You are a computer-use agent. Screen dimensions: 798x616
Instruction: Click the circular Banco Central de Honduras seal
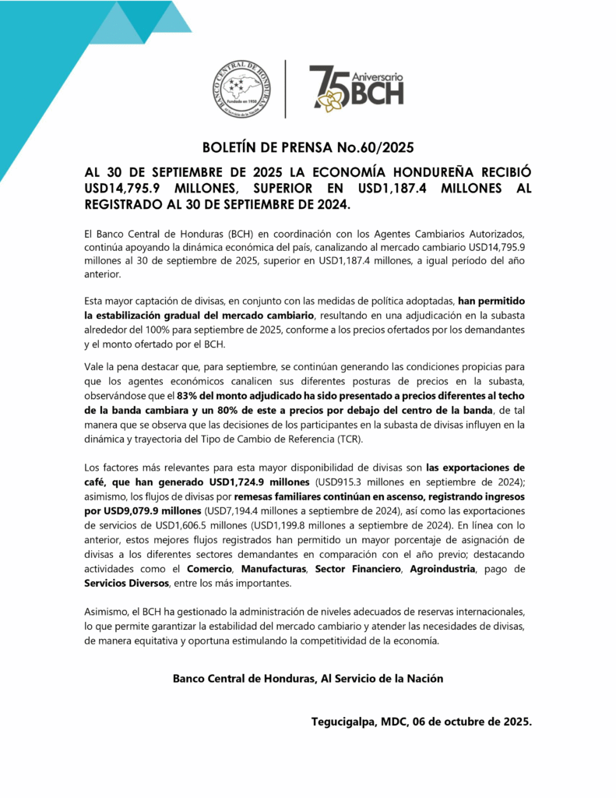click(x=242, y=90)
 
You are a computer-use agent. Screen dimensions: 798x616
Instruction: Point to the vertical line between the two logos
click(x=285, y=89)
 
